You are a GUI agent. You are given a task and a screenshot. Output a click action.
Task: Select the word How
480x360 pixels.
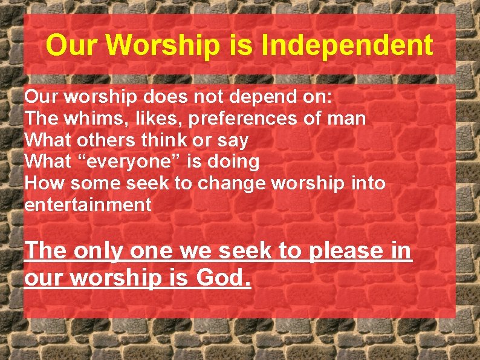pos(43,183)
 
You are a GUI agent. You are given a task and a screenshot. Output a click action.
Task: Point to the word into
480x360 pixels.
pos(368,183)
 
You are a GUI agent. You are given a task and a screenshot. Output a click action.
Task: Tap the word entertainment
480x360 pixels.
pos(88,205)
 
